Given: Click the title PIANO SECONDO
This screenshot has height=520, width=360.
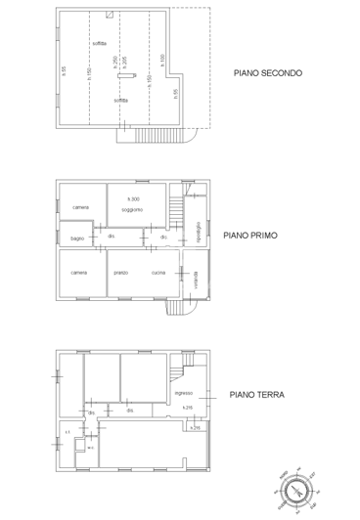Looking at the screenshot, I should point(268,72).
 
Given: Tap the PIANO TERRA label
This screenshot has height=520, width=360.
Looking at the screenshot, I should point(256,395).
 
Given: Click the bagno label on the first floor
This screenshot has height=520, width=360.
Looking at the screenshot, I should point(76,238).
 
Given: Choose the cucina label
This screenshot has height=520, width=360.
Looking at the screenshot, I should point(157,272).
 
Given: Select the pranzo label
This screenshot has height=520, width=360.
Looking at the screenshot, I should point(121,272).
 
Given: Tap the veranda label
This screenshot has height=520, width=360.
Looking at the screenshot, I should point(196,278).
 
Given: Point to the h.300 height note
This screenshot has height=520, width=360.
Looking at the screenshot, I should point(132,199).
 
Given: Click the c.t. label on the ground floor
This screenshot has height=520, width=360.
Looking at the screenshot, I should point(67,431).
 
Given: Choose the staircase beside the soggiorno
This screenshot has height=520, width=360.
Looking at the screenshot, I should point(176,211).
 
